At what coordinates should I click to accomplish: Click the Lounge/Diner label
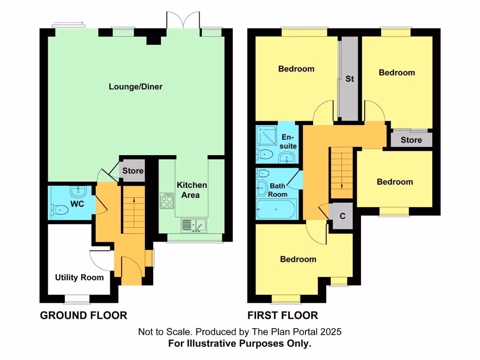pyautogui.click(x=135, y=87)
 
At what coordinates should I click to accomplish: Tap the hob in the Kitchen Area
pyautogui.click(x=167, y=202)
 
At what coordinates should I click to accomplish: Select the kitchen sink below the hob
pyautogui.click(x=194, y=225)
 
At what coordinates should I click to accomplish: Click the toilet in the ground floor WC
pyautogui.click(x=60, y=210)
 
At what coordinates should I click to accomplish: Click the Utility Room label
pyautogui.click(x=79, y=277)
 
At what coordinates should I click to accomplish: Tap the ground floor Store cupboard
pyautogui.click(x=133, y=171)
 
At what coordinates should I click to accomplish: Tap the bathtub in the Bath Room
pyautogui.click(x=276, y=209)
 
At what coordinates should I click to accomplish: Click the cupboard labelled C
pyautogui.click(x=342, y=217)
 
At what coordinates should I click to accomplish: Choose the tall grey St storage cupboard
pyautogui.click(x=349, y=79)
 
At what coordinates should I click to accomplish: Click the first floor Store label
pyautogui.click(x=411, y=140)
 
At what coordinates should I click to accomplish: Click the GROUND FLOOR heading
pyautogui.click(x=83, y=315)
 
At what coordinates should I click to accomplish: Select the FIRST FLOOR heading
pyautogui.click(x=283, y=315)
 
